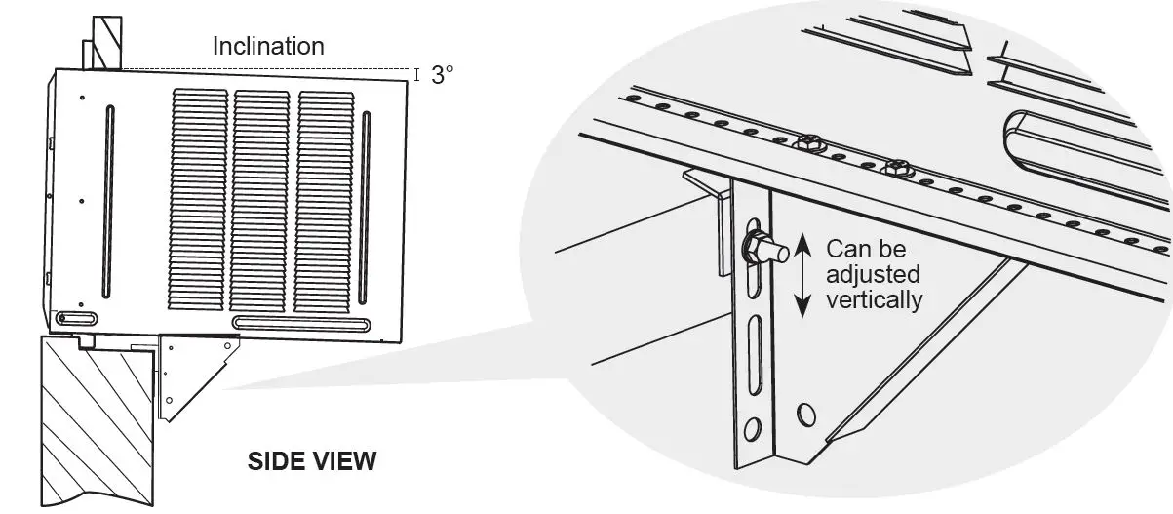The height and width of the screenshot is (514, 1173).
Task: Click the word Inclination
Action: click(x=268, y=46)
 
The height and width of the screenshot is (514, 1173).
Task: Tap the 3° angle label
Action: click(x=442, y=75)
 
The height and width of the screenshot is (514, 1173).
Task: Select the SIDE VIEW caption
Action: click(x=312, y=460)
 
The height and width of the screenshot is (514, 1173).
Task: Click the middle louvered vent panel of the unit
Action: click(x=261, y=205)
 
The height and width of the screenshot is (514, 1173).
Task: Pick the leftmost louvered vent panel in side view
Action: click(x=199, y=205)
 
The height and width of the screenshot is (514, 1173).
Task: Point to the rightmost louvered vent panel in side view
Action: click(x=325, y=205)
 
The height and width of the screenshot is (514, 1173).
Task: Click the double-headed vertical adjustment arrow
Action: click(x=802, y=275)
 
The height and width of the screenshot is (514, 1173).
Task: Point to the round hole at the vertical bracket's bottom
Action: click(x=753, y=430)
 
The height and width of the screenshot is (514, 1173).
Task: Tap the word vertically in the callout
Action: click(x=874, y=300)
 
